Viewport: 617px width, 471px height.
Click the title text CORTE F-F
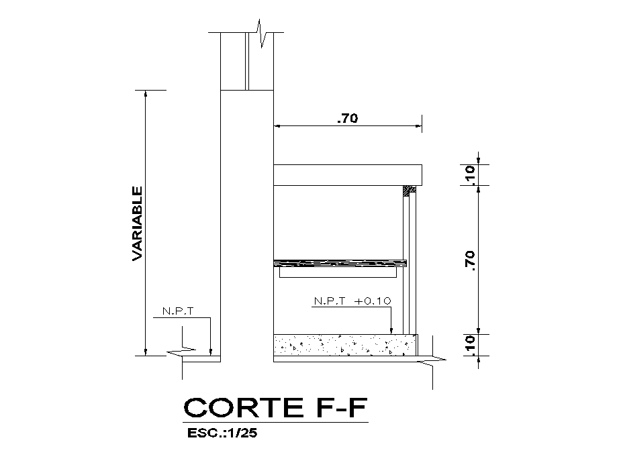[275, 407]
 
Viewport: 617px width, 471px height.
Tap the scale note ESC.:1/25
[222, 433]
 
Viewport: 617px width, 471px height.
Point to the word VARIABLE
[137, 223]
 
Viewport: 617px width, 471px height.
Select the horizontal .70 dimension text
[348, 118]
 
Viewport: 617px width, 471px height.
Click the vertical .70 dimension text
[470, 261]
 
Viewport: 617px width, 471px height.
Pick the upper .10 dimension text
[470, 174]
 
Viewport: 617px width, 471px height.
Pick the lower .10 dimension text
[470, 344]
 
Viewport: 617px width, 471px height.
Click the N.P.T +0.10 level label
[352, 301]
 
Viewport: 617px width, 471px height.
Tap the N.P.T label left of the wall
[179, 311]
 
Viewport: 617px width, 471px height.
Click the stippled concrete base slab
[345, 346]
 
